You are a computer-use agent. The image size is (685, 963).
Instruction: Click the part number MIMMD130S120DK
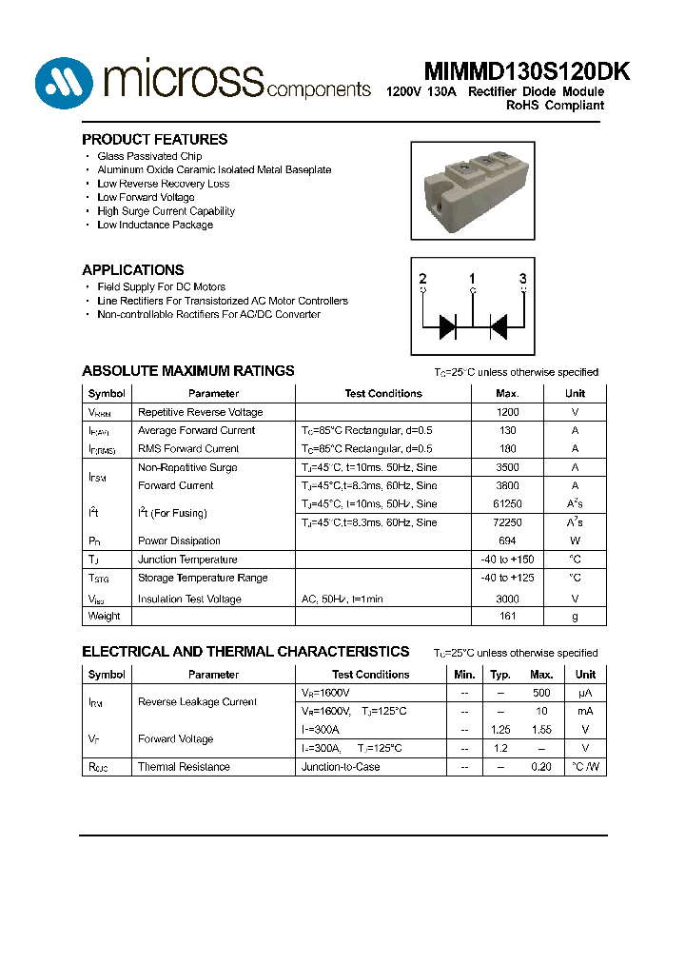click(513, 72)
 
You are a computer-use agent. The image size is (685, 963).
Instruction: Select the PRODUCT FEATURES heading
click(154, 139)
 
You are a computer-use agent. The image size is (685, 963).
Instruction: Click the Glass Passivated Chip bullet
click(149, 156)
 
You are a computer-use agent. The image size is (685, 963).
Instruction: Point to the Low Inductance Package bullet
click(155, 226)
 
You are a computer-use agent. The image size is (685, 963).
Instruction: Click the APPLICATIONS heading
click(133, 269)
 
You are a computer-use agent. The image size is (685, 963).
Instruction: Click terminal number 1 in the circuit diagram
click(473, 279)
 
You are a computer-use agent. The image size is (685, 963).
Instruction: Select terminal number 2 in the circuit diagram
click(422, 279)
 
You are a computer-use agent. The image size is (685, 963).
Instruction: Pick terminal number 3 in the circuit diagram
click(522, 279)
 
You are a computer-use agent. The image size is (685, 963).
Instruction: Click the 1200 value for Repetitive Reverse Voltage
click(508, 412)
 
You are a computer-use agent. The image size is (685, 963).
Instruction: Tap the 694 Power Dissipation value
click(508, 540)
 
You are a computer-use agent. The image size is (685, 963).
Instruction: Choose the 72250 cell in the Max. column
click(508, 522)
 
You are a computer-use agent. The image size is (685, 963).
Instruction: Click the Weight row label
click(104, 616)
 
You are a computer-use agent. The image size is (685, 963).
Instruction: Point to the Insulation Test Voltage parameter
click(189, 599)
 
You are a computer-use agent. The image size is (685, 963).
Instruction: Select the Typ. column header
click(500, 675)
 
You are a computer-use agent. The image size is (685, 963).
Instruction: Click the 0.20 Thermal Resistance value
click(541, 767)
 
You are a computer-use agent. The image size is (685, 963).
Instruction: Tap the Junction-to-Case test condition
click(340, 767)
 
